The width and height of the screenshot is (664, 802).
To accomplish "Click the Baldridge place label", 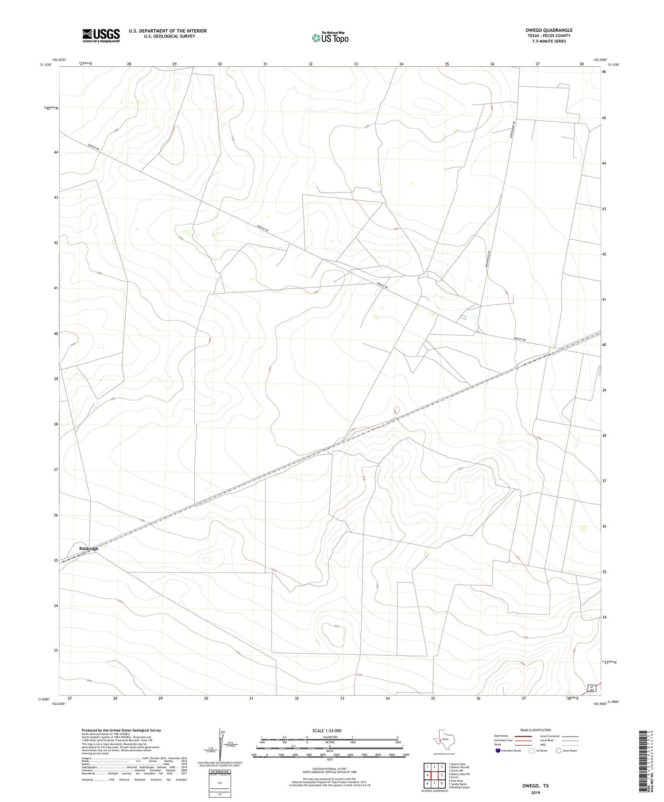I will click(89, 549).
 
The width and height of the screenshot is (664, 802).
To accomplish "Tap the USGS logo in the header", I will click(101, 35).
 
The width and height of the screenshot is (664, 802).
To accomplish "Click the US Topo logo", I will click(330, 38).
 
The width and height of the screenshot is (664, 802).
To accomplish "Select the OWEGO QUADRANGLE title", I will click(548, 30).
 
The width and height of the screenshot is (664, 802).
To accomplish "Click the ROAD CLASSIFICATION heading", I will click(536, 730).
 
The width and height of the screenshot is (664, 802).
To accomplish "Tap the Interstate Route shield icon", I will click(498, 751).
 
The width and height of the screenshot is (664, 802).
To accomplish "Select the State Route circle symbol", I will click(559, 751).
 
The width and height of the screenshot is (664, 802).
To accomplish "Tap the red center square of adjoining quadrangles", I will click(434, 775).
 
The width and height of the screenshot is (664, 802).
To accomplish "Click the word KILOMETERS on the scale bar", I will click(329, 737).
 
